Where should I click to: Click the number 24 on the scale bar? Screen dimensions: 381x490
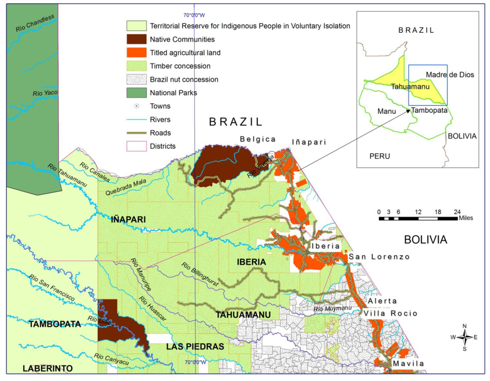coord(457,211)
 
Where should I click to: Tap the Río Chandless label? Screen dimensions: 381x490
coord(34,24)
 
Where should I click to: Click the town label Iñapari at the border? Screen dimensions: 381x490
coord(309,142)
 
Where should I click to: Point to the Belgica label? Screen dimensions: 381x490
coord(258,139)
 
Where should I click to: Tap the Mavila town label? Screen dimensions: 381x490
coord(408,363)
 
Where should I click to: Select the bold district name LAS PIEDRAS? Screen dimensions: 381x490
coord(195,347)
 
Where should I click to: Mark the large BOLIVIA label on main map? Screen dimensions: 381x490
coord(425,240)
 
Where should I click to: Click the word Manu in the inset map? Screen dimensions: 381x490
coord(387,111)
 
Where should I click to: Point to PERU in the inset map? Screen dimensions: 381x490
coord(380,156)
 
